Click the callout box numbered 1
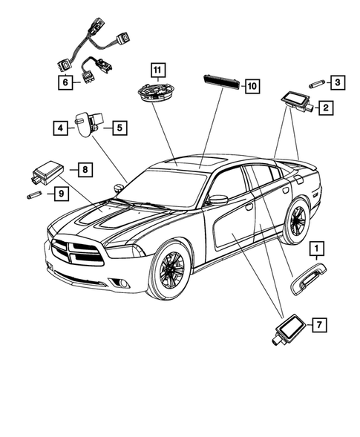pyautogui.click(x=317, y=248)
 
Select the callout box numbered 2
pyautogui.click(x=326, y=108)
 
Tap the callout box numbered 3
pyautogui.click(x=338, y=82)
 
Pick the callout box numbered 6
pyautogui.click(x=65, y=82)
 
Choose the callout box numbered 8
pyautogui.click(x=85, y=169)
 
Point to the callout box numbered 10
pyautogui.click(x=252, y=86)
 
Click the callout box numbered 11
pyautogui.click(x=158, y=70)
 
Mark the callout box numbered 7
pyautogui.click(x=319, y=325)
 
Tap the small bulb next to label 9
pyautogui.click(x=34, y=195)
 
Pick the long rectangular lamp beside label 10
pyautogui.click(x=222, y=82)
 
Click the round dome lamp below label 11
pyautogui.click(x=157, y=92)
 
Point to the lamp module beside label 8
pyautogui.click(x=48, y=172)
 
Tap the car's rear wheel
pyautogui.click(x=295, y=221)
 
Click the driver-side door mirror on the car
pyautogui.click(x=217, y=200)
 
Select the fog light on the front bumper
pyautogui.click(x=122, y=283)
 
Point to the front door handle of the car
pyautogui.click(x=249, y=207)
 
